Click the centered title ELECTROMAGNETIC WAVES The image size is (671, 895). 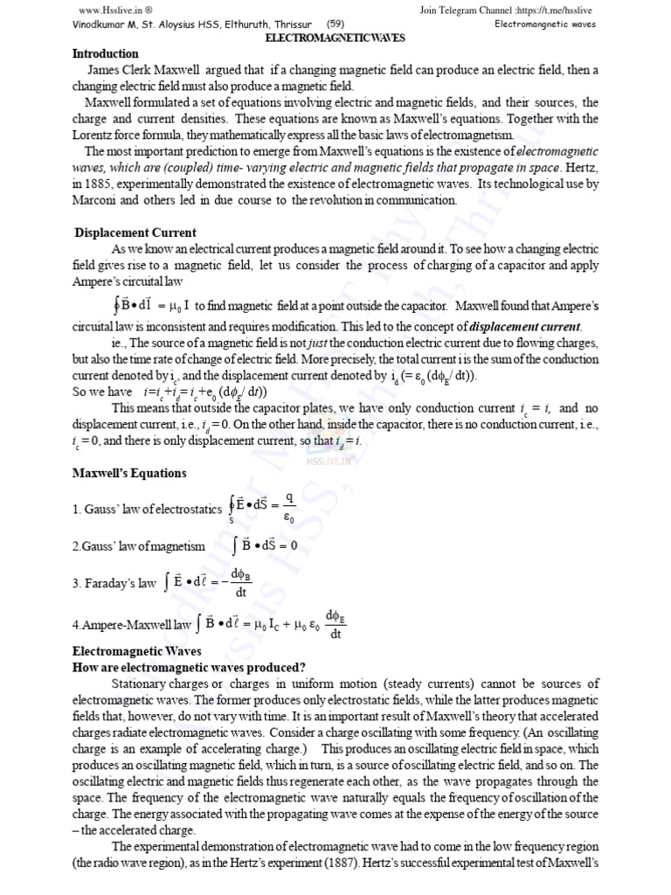335,40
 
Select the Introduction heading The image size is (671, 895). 105,54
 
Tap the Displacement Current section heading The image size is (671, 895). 135,232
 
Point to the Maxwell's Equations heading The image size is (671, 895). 129,474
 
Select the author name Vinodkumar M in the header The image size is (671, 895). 112,24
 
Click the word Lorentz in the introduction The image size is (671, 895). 93,135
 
